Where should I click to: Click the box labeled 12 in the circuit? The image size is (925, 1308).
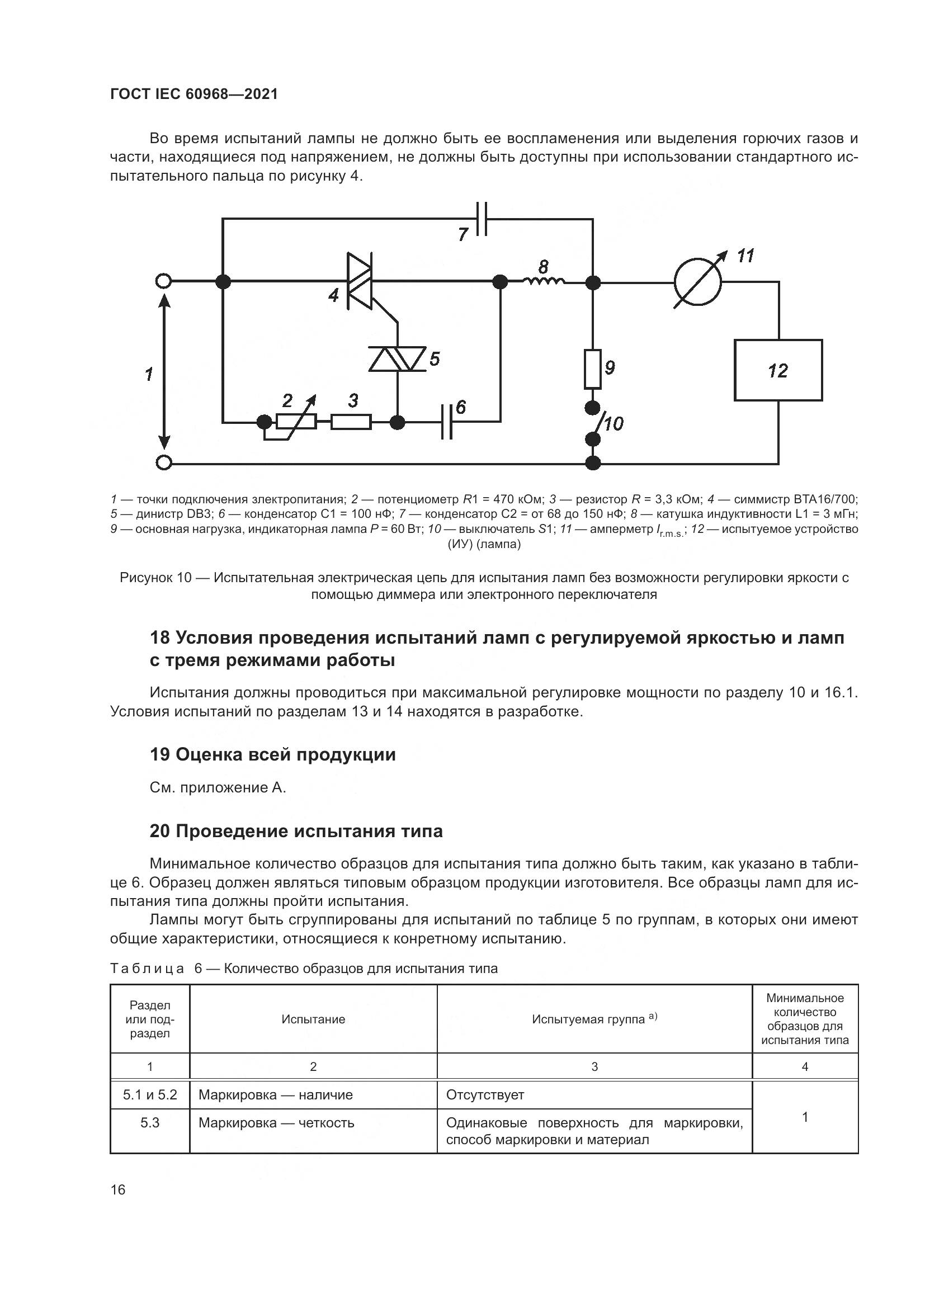point(777,370)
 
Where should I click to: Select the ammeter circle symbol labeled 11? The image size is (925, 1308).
point(697,281)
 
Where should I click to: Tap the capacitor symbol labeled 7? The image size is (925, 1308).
point(482,218)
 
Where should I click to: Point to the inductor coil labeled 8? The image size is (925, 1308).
point(544,280)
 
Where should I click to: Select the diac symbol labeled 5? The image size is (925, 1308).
point(397,359)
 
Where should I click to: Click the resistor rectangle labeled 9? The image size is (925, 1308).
point(593,369)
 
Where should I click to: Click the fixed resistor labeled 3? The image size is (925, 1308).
point(351,422)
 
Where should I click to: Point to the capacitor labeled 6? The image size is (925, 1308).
point(447,422)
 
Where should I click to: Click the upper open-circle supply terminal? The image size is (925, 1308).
point(163,281)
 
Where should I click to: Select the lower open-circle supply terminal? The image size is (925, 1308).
point(163,463)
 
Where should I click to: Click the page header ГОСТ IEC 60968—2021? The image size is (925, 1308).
point(194,95)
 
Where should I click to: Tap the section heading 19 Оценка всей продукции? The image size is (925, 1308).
point(272,754)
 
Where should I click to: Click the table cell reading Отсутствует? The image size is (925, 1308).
point(485,1094)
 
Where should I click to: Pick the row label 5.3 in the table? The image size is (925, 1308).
point(150,1122)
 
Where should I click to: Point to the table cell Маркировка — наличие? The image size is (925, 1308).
point(275,1094)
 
